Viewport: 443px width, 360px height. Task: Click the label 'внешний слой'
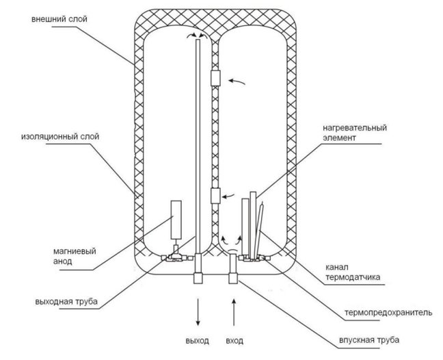coord(59,19)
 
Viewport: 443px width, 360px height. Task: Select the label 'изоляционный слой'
coord(60,137)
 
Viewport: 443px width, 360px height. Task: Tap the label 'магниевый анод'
coord(75,256)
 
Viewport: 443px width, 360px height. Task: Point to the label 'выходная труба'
coord(66,301)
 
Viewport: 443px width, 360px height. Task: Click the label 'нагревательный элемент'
coord(355,133)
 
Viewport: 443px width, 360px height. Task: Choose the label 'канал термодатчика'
coord(353,272)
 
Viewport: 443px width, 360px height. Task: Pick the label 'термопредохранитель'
coord(388,313)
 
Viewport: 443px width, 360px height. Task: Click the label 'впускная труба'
coord(369,339)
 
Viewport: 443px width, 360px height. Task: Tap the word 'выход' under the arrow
coord(198,340)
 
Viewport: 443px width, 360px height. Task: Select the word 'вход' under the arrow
coord(234,340)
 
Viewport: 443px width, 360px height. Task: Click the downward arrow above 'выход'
coord(198,312)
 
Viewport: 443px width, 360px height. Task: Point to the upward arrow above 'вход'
coord(234,312)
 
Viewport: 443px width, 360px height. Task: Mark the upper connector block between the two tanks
coord(215,78)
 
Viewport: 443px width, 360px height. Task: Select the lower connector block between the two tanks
coord(215,196)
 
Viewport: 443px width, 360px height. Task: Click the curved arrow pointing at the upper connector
coord(237,81)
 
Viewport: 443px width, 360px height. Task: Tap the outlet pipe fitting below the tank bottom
coord(198,278)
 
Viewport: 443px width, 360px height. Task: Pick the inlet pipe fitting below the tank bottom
coord(233,278)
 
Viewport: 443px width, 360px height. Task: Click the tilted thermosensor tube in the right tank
coord(259,230)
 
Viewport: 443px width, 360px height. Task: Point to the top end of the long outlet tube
coord(198,40)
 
